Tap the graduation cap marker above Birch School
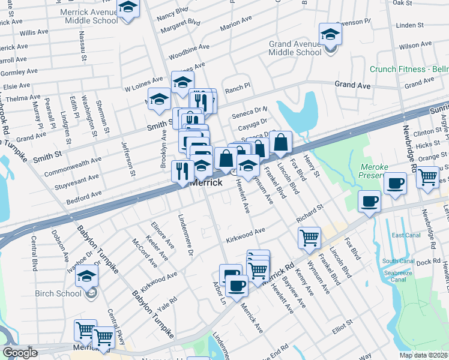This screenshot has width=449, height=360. point(88,277)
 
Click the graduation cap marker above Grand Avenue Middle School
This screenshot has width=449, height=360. point(330,34)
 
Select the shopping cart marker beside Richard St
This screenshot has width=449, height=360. point(309,238)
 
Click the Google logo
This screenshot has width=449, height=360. point(20,353)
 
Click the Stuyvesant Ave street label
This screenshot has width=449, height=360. point(77,178)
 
